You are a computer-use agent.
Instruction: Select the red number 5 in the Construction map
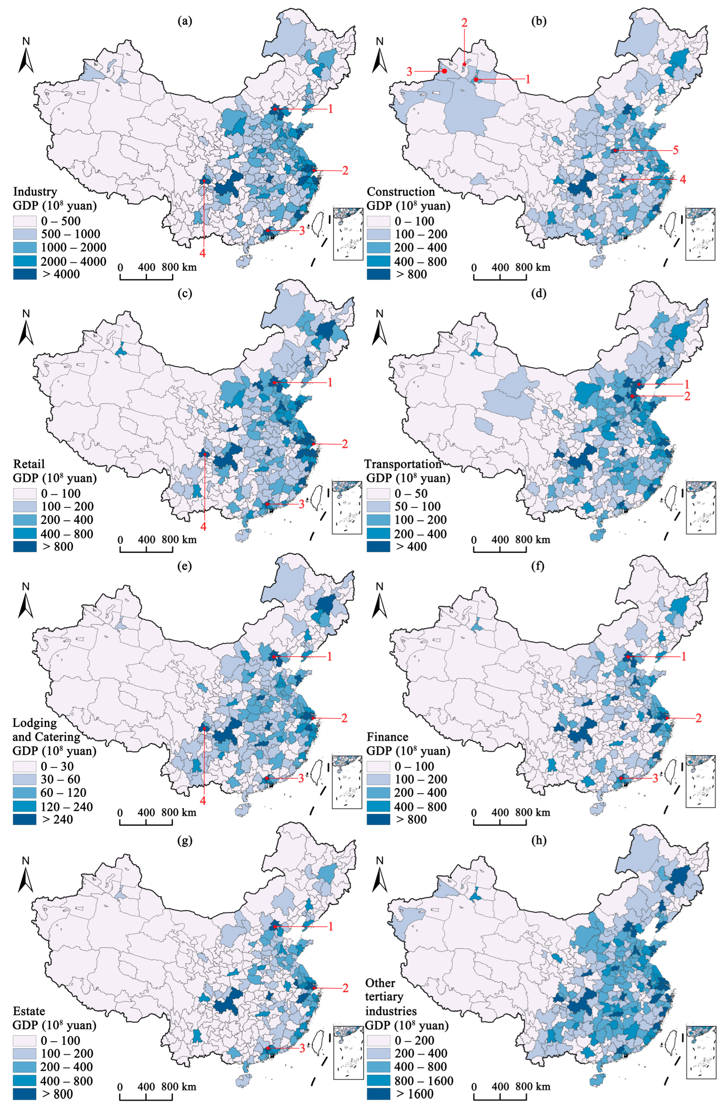point(675,150)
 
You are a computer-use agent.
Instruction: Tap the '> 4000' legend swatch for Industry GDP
point(25,274)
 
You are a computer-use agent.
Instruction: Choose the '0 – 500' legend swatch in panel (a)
point(25,221)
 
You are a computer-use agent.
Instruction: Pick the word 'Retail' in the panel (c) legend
point(29,464)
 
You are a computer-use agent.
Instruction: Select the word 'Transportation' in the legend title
point(403,464)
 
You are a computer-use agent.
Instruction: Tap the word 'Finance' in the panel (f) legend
point(387,737)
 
